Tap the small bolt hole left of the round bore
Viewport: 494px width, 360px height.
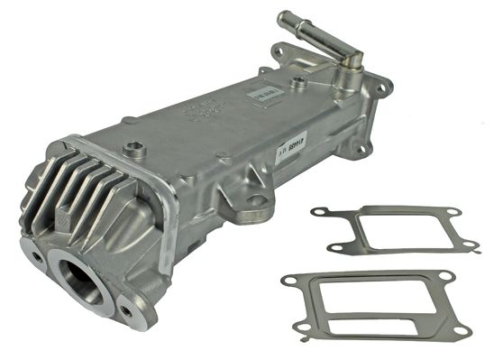[x=35, y=257]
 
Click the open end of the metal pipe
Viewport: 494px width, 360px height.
[x=284, y=18]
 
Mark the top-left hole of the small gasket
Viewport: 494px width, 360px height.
[x=316, y=213]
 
